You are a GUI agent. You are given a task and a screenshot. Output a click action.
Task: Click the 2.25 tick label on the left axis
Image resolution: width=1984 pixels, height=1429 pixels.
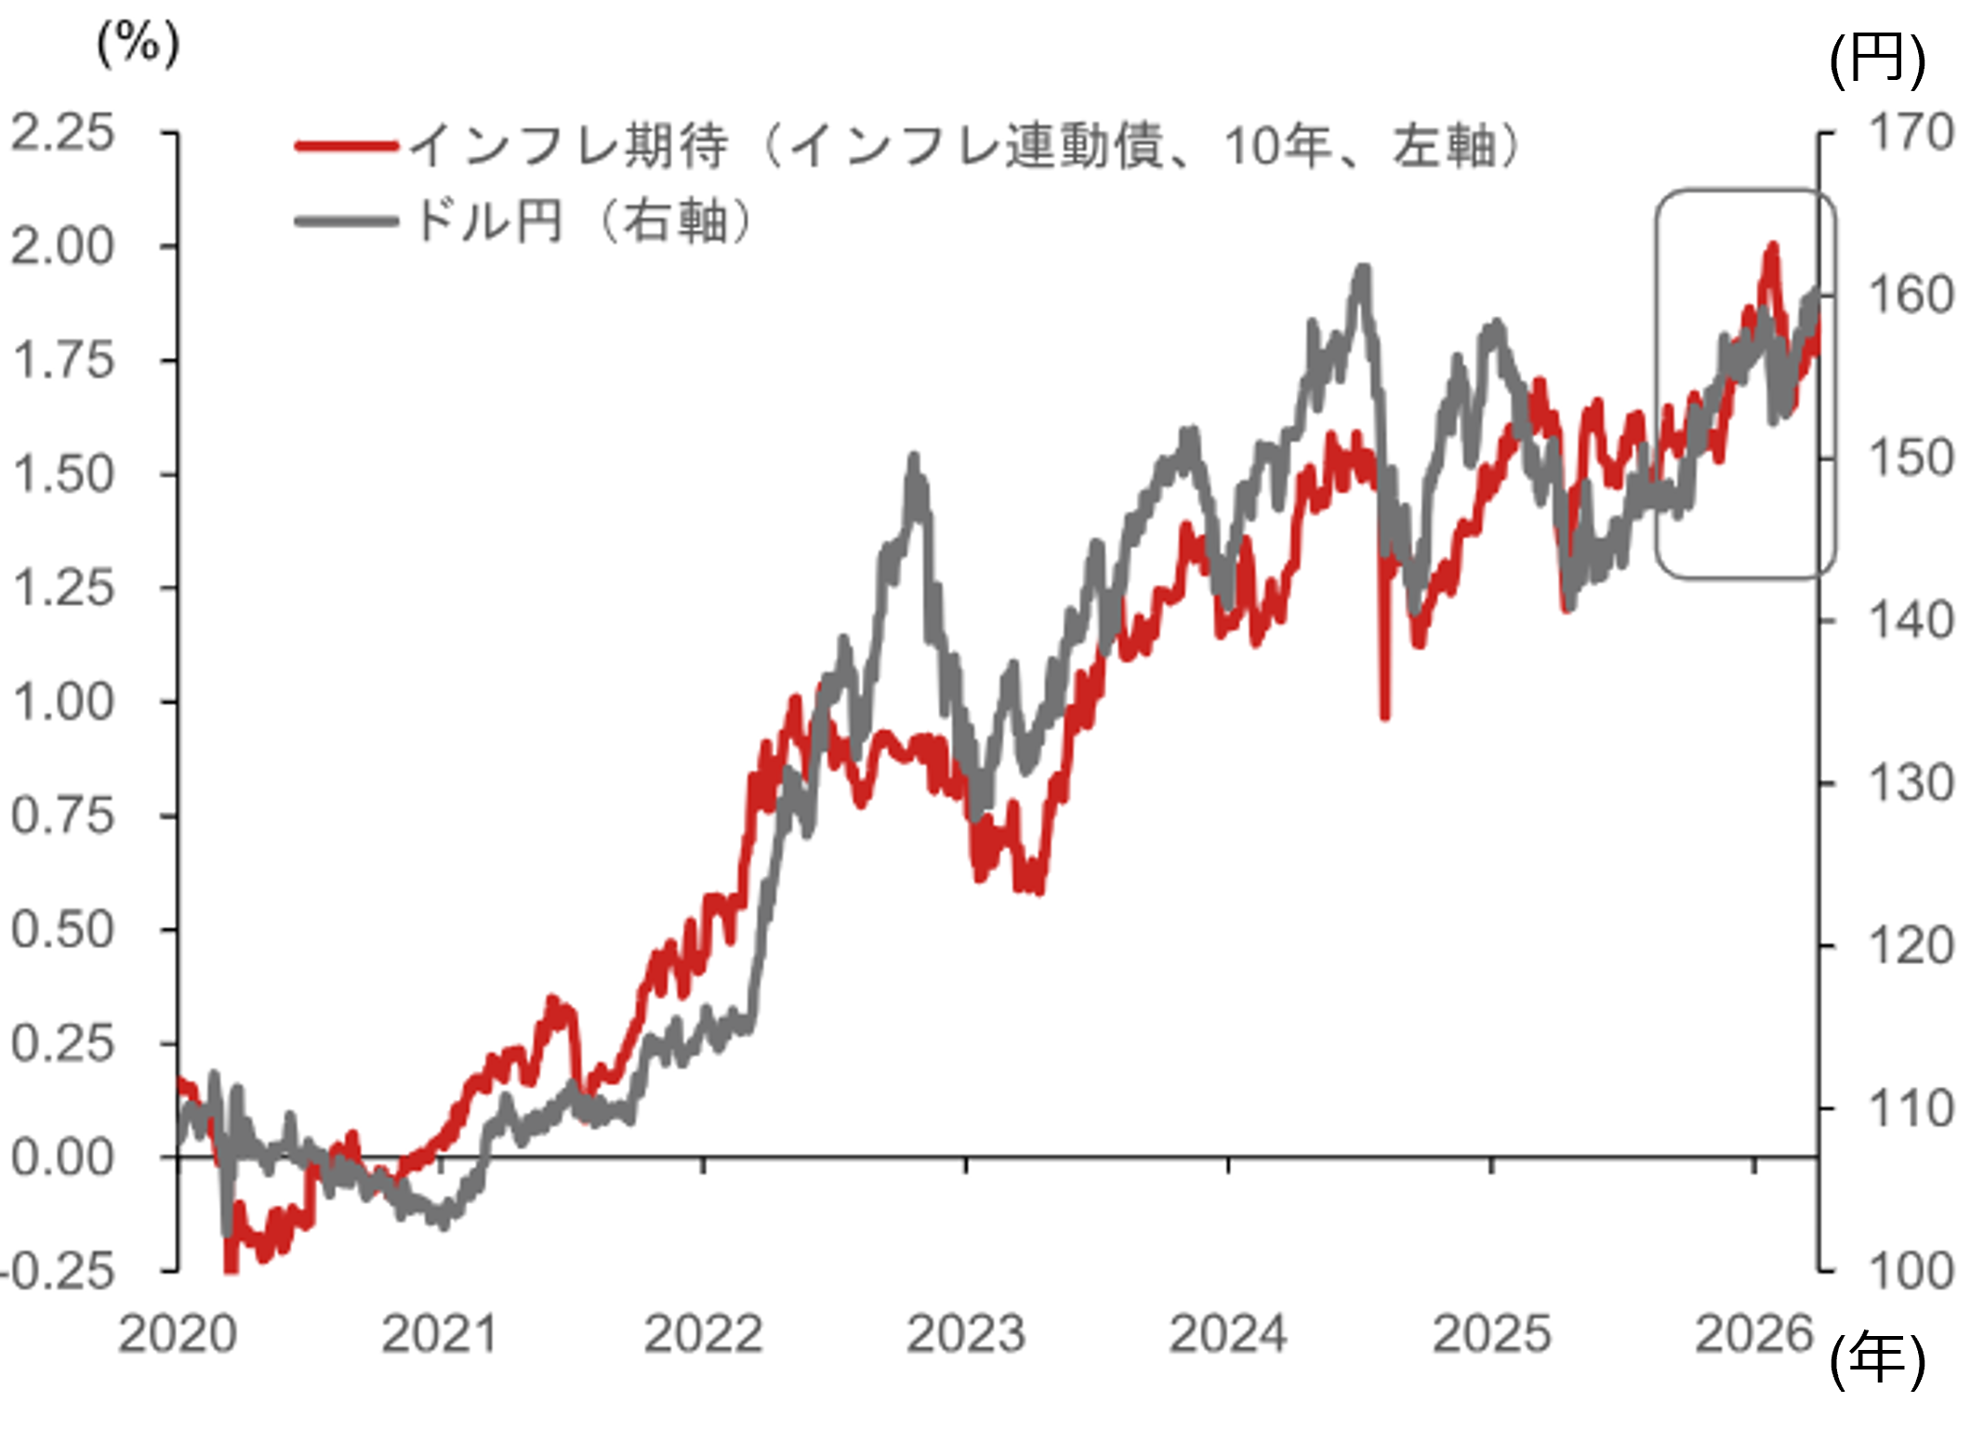(x=62, y=133)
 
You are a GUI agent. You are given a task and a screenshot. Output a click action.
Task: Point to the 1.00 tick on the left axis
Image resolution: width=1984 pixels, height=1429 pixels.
(x=62, y=702)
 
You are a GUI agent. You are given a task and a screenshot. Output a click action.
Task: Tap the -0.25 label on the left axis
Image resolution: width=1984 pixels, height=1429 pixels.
(x=58, y=1271)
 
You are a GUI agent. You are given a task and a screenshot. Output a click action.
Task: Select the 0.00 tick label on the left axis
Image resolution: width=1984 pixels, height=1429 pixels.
(x=62, y=1158)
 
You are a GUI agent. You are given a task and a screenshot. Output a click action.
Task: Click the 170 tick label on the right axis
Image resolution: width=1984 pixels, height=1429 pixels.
(x=1911, y=133)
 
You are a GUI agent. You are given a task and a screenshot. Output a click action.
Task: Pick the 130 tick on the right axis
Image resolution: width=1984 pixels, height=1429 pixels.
(x=1911, y=784)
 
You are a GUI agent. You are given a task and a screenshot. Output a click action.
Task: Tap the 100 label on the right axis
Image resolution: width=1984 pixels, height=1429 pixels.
(x=1911, y=1271)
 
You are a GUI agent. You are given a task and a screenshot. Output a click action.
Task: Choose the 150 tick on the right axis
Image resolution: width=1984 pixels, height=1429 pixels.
(x=1911, y=458)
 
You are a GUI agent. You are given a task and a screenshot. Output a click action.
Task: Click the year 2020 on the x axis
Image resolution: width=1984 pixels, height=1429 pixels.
(x=178, y=1335)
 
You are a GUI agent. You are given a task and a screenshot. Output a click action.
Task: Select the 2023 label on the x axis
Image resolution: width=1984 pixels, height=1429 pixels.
(x=966, y=1335)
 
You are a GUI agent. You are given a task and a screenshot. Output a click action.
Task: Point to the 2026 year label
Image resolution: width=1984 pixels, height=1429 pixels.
(x=1754, y=1335)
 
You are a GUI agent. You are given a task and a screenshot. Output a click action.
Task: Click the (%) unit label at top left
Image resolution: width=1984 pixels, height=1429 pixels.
(x=139, y=44)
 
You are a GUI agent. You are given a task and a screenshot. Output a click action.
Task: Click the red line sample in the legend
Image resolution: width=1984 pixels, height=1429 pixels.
(x=346, y=146)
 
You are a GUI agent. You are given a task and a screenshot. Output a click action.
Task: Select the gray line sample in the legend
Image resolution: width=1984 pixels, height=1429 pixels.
(x=346, y=221)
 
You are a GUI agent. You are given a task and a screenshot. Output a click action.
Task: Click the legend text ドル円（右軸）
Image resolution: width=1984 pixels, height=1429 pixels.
(x=584, y=221)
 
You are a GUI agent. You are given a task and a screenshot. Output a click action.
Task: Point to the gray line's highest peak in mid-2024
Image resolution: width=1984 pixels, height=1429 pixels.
(x=1363, y=270)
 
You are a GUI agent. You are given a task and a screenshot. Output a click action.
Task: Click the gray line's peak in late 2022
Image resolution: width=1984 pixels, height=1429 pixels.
(x=914, y=457)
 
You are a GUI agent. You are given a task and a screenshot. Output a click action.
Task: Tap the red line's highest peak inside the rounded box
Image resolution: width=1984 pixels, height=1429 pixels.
(x=1772, y=246)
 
